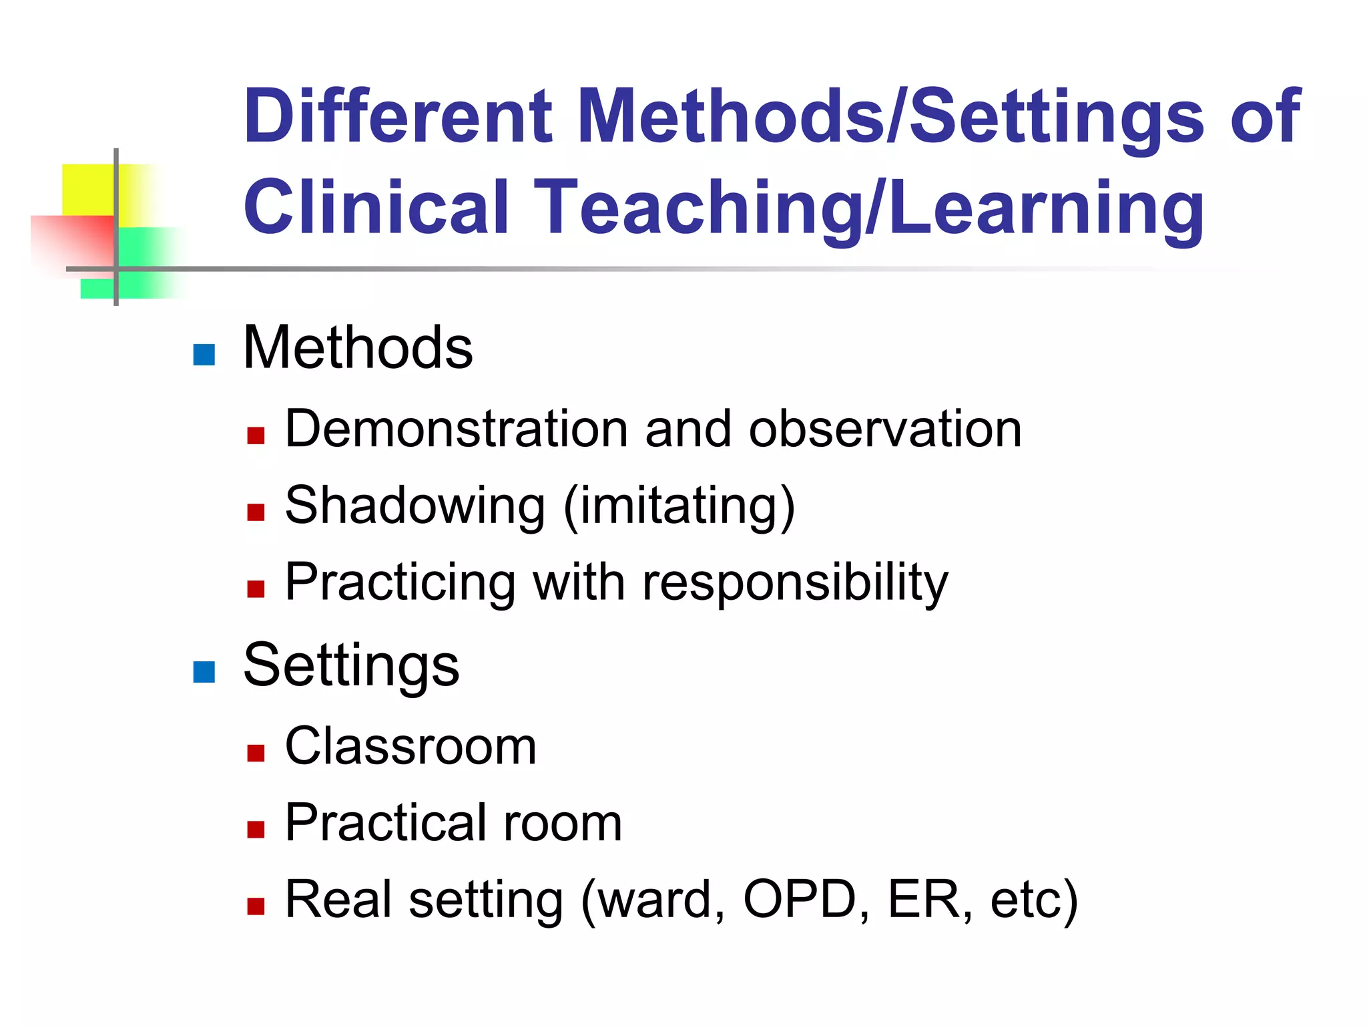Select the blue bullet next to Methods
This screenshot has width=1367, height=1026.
204,355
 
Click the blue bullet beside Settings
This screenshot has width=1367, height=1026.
204,672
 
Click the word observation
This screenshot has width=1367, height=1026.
885,429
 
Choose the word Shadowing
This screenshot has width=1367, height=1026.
415,506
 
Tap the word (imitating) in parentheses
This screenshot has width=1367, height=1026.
679,506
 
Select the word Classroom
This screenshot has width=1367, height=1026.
411,746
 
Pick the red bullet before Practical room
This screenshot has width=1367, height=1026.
256,830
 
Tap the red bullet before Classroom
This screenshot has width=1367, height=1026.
256,753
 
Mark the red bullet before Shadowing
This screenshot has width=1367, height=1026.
256,512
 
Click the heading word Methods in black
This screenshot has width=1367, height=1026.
358,347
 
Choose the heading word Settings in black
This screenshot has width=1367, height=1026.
351,666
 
